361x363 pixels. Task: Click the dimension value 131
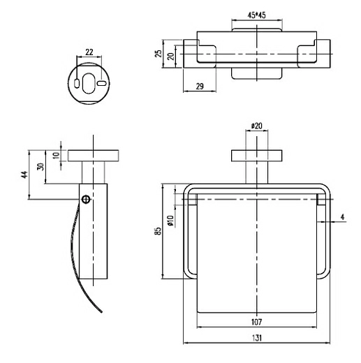pyautogui.click(x=256, y=337)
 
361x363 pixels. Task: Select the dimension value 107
pyautogui.click(x=256, y=322)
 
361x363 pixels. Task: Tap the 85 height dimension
pyautogui.click(x=158, y=231)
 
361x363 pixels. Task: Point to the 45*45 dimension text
pyautogui.click(x=256, y=15)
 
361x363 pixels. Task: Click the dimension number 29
pyautogui.click(x=200, y=87)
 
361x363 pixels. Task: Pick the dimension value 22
pyautogui.click(x=89, y=52)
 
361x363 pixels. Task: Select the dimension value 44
pyautogui.click(x=24, y=175)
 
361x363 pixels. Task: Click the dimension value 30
pyautogui.click(x=40, y=167)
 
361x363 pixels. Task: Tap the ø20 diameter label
pyautogui.click(x=256, y=126)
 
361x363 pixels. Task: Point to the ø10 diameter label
pyautogui.click(x=170, y=221)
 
